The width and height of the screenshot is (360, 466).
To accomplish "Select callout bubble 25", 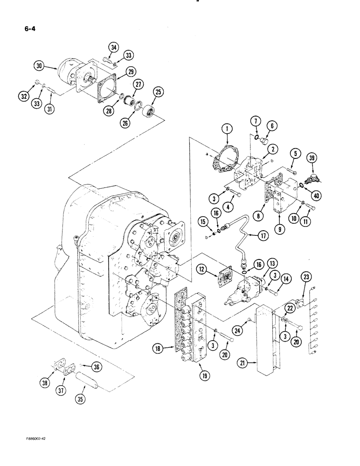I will [x=158, y=93].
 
